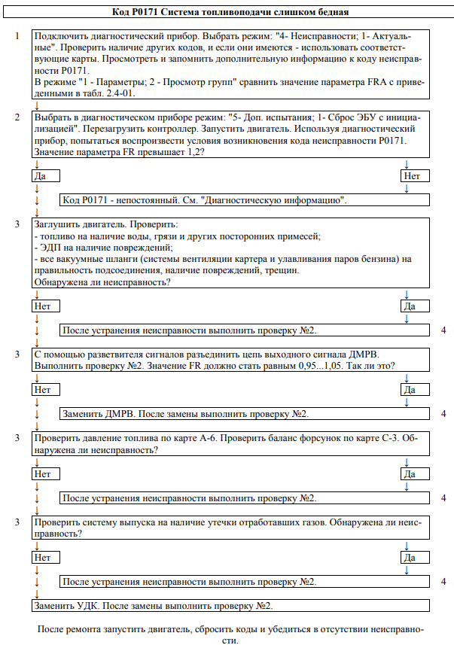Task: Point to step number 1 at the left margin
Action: tap(17, 36)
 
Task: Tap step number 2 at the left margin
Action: tap(17, 117)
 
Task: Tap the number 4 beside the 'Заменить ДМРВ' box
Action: tap(444, 414)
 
